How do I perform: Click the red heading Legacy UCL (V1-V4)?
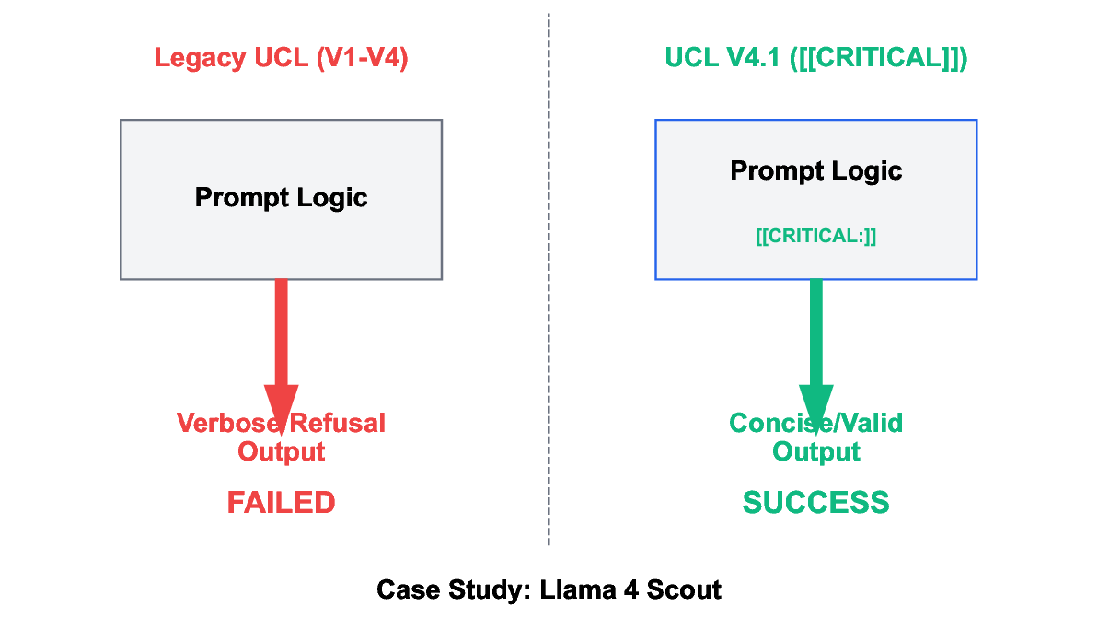281,58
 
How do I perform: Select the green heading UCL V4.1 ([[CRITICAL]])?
815,58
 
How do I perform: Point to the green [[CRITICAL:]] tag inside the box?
815,236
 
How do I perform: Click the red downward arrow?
281,341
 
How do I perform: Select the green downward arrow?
815,341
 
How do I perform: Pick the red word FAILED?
281,502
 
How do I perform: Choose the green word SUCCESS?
815,502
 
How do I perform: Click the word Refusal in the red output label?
340,423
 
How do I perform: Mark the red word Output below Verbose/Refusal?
281,452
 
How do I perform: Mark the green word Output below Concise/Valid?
815,452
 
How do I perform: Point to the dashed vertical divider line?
549,276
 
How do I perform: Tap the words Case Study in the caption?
448,589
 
